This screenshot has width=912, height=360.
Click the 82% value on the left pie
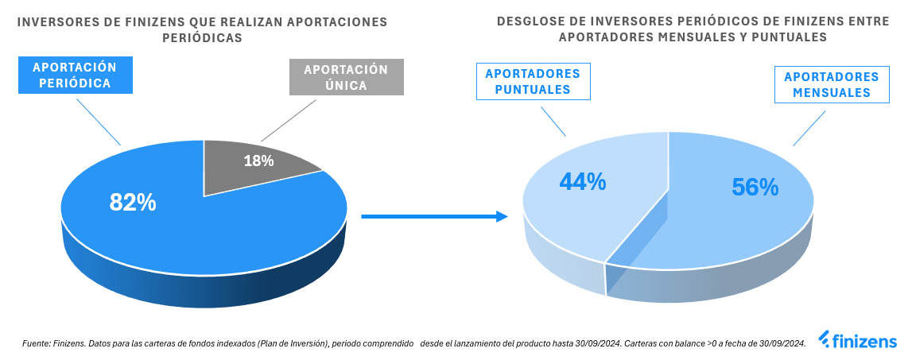(133, 203)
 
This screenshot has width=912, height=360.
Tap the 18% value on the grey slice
(258, 161)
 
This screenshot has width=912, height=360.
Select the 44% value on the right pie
(582, 183)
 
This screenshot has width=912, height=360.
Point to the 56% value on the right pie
(755, 187)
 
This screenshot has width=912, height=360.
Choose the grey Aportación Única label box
(346, 77)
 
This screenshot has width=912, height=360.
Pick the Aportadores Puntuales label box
(533, 82)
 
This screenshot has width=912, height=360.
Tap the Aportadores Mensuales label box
(831, 85)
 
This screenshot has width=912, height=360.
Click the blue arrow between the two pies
(434, 216)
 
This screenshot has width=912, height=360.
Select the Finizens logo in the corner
(858, 342)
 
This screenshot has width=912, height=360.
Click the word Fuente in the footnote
(37, 343)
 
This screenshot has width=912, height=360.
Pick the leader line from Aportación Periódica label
(98, 120)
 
